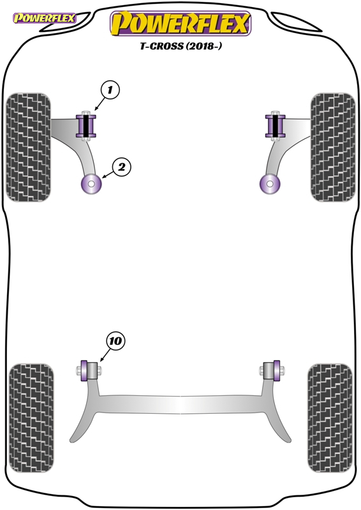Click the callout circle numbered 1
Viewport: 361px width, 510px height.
pos(110,89)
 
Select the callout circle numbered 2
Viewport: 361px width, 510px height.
pos(121,167)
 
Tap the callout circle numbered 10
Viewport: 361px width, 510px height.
pos(115,341)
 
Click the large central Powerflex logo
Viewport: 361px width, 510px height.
pos(180,24)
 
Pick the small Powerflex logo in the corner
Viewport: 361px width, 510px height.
pos(44,18)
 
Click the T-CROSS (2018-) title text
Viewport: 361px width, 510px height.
pos(181,46)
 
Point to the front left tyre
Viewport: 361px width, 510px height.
pos(29,147)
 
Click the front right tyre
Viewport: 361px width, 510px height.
pos(333,147)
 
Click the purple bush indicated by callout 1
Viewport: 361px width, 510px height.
pos(86,126)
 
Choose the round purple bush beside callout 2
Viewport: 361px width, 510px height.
pos(91,184)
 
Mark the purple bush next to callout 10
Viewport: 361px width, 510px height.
pos(84,370)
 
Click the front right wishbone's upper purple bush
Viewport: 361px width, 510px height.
pos(276,126)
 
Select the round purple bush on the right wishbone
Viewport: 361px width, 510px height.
pos(270,184)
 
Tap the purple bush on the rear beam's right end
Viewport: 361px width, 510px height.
pos(277,370)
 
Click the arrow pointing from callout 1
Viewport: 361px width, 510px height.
pos(99,103)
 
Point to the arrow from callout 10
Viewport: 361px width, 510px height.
pos(104,355)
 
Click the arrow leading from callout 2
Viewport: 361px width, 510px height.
pos(107,175)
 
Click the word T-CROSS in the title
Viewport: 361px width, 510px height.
pos(162,46)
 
